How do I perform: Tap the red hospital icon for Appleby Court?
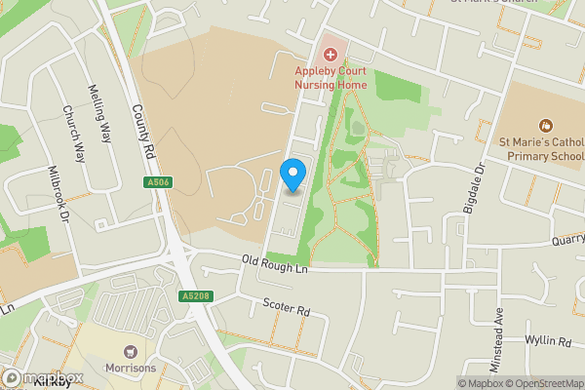pos(330,51)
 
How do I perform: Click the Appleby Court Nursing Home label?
pos(331,77)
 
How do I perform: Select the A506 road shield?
pos(157,182)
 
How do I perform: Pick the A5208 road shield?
pos(195,295)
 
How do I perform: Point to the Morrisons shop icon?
pos(128,351)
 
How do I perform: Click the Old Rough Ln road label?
pos(275,263)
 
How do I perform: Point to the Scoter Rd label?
pos(286,307)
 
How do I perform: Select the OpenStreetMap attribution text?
pos(544,383)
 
